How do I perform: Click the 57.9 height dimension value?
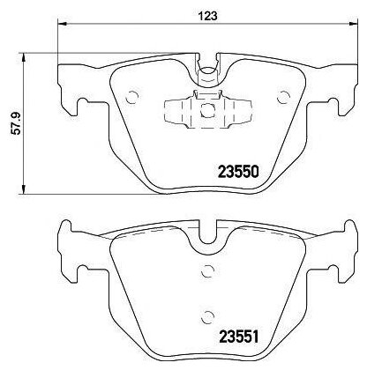tap(17, 123)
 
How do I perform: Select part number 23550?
tap(238, 172)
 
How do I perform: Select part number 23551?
tap(238, 337)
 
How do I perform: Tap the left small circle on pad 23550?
tap(131, 97)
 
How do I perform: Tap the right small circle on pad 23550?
tap(283, 97)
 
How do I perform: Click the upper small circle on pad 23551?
tap(207, 270)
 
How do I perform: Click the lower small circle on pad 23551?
tap(207, 316)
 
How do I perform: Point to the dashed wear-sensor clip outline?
tap(207, 109)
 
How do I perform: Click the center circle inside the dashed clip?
tap(207, 110)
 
